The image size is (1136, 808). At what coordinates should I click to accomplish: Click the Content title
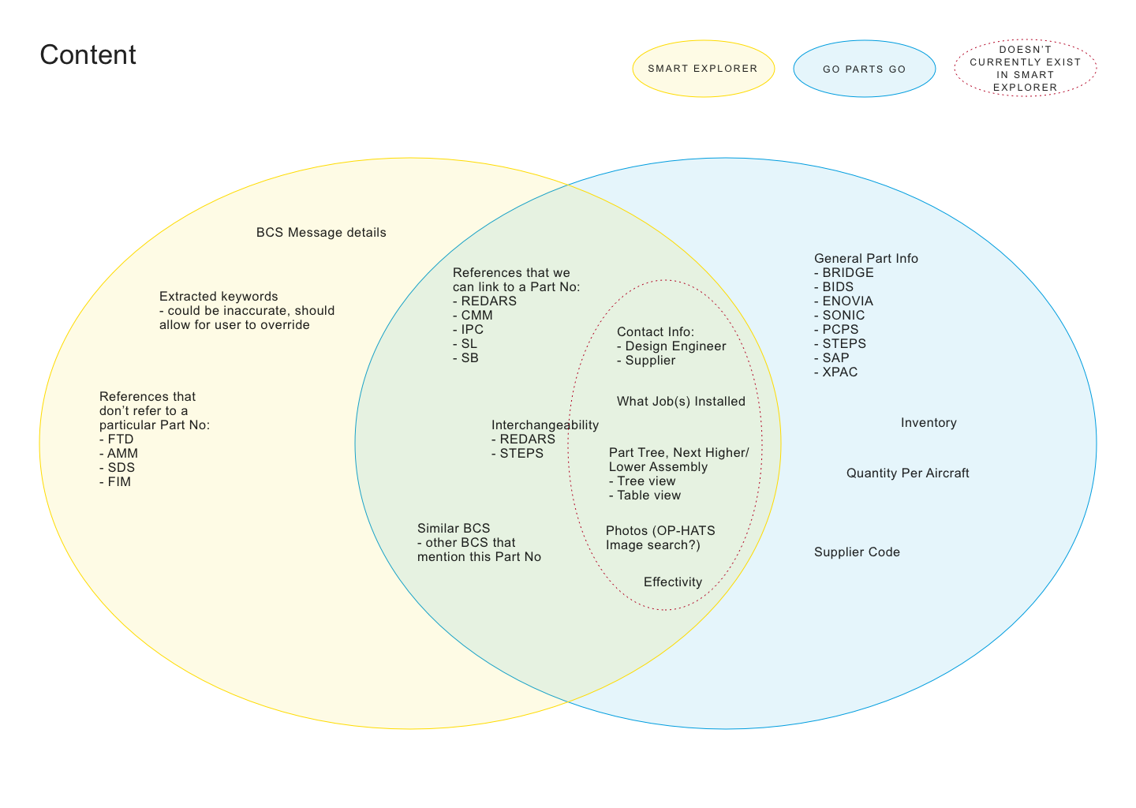coord(88,55)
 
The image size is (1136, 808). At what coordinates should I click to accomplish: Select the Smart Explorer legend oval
coord(703,69)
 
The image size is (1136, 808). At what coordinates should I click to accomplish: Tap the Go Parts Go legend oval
coord(864,69)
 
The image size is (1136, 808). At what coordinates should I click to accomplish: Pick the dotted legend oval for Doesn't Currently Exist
coord(1025,69)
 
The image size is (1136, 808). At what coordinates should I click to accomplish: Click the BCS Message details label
coord(321,233)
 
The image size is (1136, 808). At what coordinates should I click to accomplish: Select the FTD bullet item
coord(118,440)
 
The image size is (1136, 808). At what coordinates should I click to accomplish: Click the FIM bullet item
coord(117,482)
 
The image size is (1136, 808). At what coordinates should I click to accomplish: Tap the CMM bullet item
coord(475,316)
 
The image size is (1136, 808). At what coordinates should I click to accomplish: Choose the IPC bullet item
coord(470,330)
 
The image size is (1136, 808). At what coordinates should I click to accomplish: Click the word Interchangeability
coord(544,425)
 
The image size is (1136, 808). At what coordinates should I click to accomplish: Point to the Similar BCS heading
coord(454,529)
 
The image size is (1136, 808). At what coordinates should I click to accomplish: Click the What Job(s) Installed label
coord(681,402)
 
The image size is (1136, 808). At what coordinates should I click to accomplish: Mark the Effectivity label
coord(672,582)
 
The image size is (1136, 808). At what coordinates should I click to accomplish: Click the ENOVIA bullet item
coord(845,301)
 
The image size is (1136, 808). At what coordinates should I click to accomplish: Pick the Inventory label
coord(929,423)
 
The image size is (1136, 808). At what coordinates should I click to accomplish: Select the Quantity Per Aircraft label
coord(907,473)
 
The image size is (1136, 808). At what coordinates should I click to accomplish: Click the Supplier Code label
coord(857,552)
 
